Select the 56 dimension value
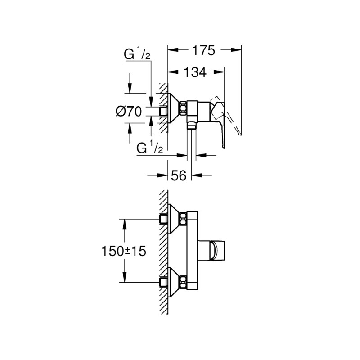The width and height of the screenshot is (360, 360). tap(179, 176)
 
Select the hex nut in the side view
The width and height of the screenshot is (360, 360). tap(184, 110)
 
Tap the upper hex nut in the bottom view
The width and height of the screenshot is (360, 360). tap(184, 219)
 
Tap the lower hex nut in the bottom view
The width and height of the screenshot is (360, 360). tap(184, 283)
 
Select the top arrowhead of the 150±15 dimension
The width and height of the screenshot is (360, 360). tap(124, 222)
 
